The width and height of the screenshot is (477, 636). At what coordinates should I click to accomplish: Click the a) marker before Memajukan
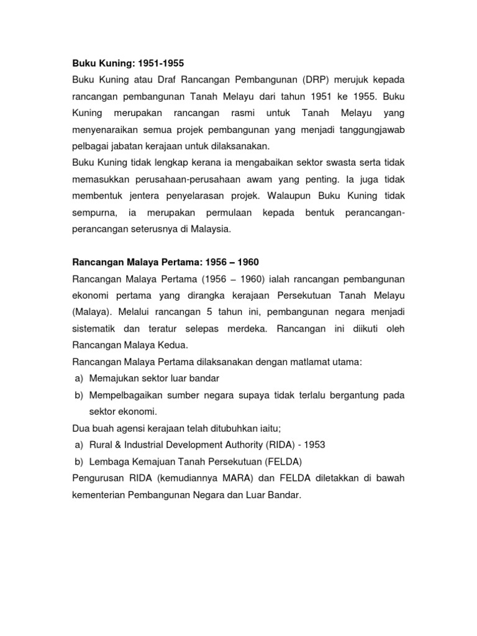[79, 377]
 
